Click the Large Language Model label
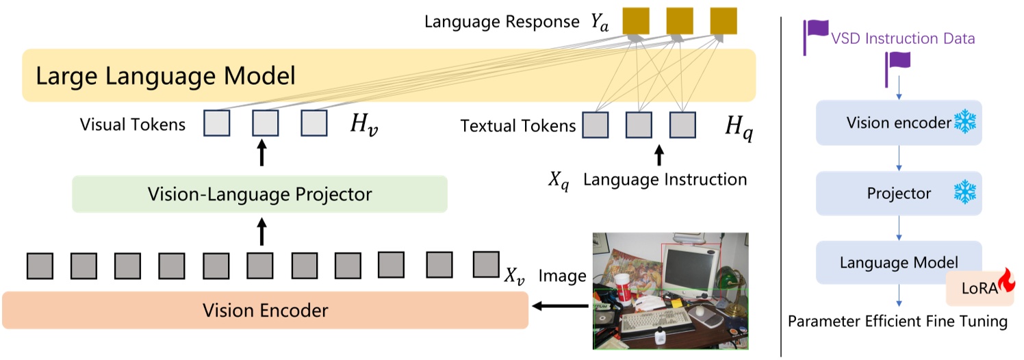coord(165,75)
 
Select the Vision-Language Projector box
coord(259,194)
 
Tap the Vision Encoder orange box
coord(265,311)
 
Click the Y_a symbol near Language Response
coord(600,22)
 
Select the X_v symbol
coord(515,276)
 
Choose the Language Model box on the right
coord(898,263)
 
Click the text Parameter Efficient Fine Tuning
coord(897,321)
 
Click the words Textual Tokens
coord(517,126)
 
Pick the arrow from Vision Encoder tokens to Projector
coord(260,233)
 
